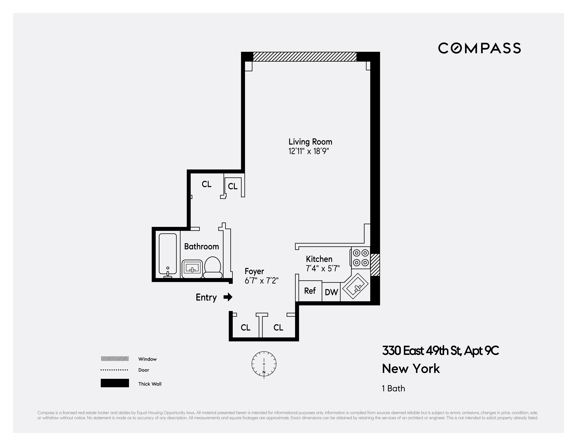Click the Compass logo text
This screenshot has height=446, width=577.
479,48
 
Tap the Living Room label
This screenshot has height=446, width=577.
310,142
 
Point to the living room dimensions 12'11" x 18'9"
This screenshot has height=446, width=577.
309,151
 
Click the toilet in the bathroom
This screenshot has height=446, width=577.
213,267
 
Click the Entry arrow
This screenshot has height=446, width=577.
228,297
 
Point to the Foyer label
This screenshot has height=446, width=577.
254,271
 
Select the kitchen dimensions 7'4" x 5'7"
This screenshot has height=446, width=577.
323,268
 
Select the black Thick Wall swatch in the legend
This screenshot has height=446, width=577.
115,383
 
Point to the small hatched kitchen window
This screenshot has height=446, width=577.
375,265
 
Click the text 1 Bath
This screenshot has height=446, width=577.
393,388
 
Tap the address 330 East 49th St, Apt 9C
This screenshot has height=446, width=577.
440,351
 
